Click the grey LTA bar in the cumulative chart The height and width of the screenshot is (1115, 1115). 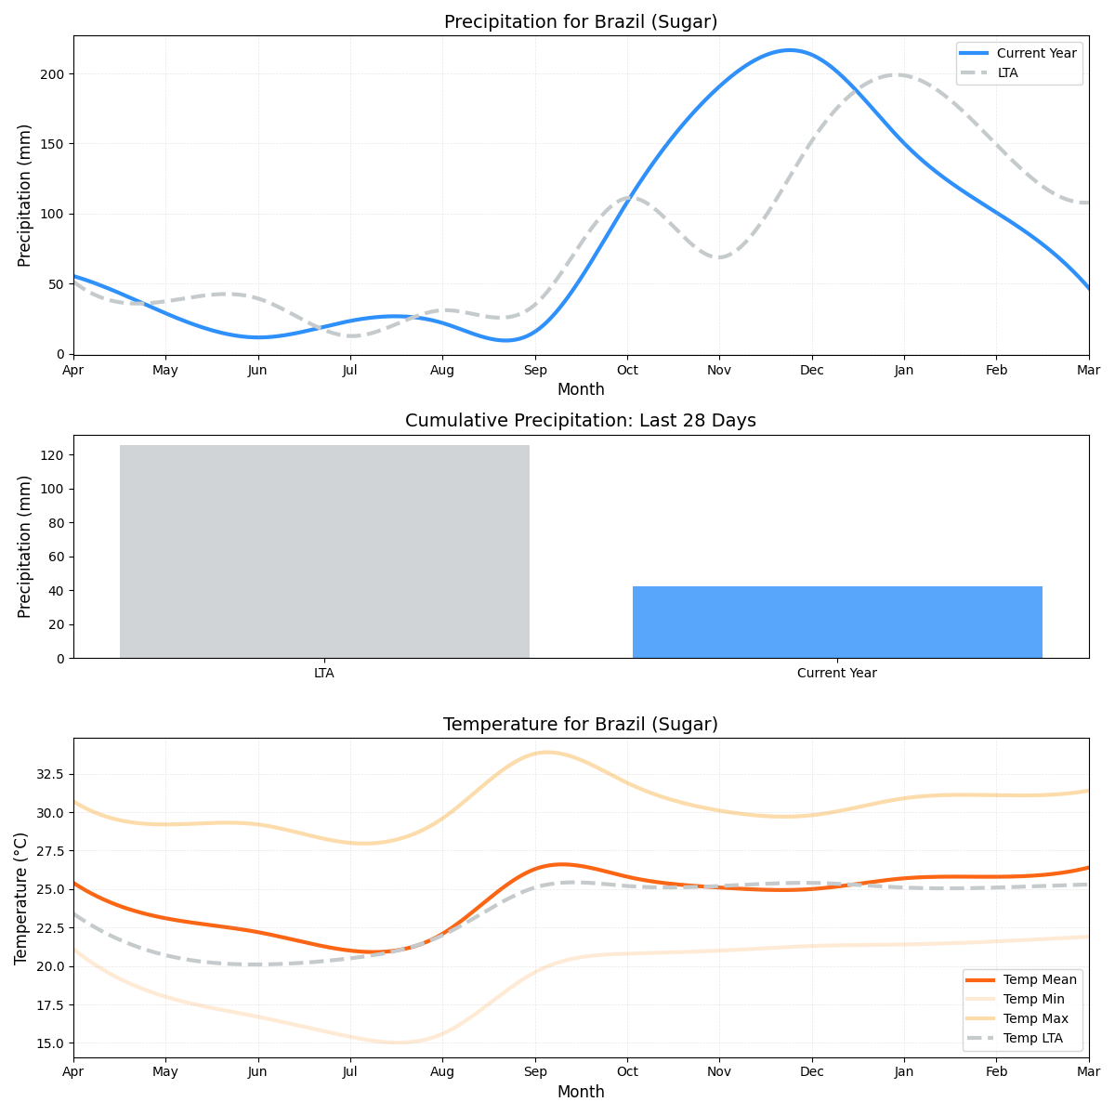click(324, 551)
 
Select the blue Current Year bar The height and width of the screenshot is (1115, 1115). click(837, 622)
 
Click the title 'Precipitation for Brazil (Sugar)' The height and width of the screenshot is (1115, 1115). click(581, 21)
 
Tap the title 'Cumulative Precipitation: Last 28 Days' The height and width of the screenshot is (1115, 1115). click(581, 421)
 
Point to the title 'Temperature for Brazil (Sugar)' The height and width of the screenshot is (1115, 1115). click(581, 724)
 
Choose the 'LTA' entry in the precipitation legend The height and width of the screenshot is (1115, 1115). click(1007, 72)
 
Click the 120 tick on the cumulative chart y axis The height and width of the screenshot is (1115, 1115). click(52, 455)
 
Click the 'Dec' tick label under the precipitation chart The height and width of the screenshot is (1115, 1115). click(812, 370)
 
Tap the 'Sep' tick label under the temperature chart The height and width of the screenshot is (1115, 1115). click(534, 1072)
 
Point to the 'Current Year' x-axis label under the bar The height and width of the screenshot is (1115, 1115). click(837, 673)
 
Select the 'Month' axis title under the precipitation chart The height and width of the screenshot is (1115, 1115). click(581, 389)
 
